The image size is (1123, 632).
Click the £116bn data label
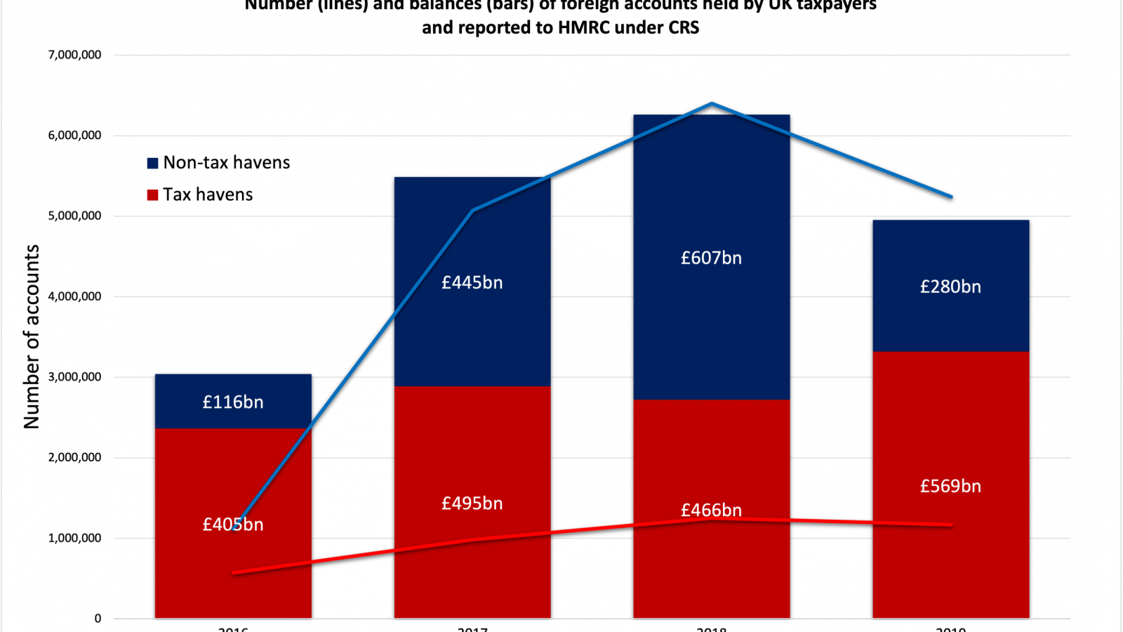(233, 402)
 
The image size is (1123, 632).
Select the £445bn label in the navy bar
(472, 283)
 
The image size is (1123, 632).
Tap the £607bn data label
(711, 258)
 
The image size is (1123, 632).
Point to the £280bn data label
(950, 287)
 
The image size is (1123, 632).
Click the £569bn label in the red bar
(950, 487)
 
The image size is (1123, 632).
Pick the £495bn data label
(472, 503)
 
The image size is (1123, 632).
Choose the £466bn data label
(711, 511)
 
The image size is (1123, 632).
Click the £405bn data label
(233, 525)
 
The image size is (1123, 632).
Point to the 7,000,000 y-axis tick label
(74, 55)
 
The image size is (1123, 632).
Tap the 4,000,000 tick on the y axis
(74, 296)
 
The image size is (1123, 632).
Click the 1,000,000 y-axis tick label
(74, 538)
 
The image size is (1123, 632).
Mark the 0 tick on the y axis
(98, 619)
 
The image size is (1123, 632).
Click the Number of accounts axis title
(32, 337)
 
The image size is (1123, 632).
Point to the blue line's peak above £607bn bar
(712, 104)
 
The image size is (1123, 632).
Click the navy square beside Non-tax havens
(152, 164)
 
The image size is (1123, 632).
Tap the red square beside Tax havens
(152, 195)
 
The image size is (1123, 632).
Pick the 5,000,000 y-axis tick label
(74, 216)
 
